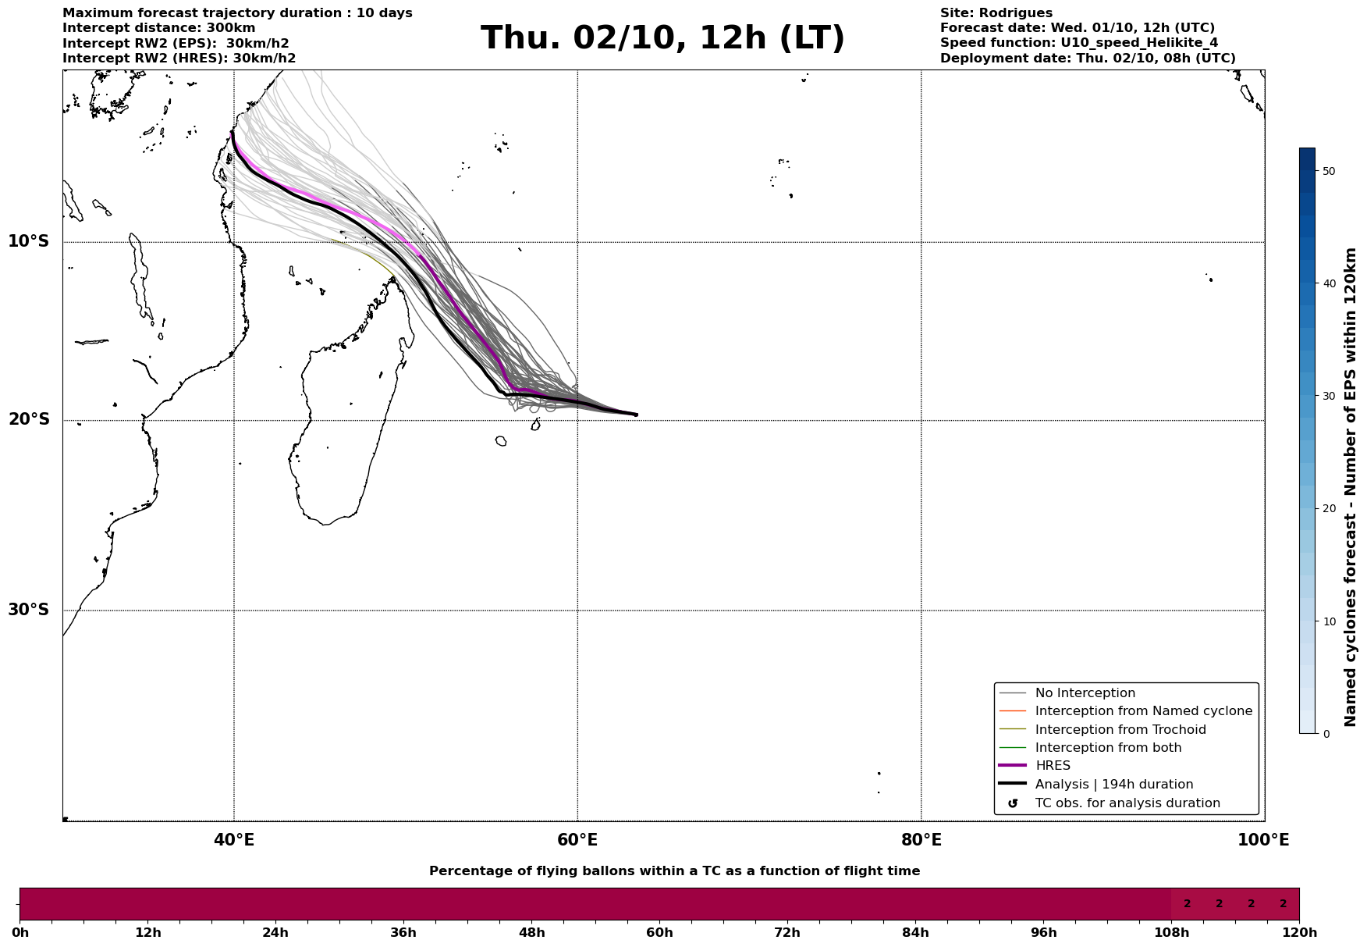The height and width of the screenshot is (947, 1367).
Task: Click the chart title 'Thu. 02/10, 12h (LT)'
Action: tap(662, 38)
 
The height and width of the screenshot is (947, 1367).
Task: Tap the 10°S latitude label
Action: tap(29, 241)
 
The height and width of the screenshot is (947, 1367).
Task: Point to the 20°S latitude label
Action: tap(29, 420)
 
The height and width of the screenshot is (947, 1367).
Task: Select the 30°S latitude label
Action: tap(29, 610)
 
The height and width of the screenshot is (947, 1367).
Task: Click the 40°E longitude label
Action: tap(234, 841)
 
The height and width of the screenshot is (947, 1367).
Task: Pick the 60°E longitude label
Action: tap(577, 841)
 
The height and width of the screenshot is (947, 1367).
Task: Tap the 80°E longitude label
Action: tap(921, 841)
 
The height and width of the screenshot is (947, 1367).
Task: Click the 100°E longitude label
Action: tap(1263, 841)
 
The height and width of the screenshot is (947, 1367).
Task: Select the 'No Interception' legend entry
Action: tap(1085, 693)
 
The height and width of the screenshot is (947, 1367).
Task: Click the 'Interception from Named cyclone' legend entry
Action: tap(1143, 711)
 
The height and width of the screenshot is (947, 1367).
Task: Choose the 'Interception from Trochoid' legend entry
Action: tap(1120, 730)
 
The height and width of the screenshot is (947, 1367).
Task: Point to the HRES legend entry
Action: tap(1053, 766)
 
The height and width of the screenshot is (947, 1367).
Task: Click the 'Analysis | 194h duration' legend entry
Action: tap(1113, 785)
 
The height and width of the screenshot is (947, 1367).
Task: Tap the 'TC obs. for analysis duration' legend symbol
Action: tap(1013, 803)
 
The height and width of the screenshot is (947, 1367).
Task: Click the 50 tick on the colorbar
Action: tap(1330, 171)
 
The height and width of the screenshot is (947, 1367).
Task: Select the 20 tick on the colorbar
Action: tap(1330, 509)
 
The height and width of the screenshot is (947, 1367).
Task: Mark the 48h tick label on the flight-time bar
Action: tap(531, 933)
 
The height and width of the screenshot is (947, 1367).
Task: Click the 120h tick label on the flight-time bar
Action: tap(1299, 933)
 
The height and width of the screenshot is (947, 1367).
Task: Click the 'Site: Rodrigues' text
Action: tap(996, 13)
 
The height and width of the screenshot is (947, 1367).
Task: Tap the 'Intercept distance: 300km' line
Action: tap(158, 28)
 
